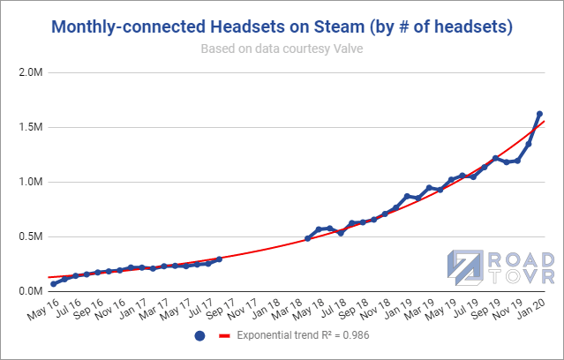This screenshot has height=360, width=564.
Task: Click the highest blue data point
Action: [x=539, y=114]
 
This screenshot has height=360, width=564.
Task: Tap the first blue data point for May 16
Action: [x=54, y=284]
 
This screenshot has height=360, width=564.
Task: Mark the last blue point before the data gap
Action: [x=219, y=259]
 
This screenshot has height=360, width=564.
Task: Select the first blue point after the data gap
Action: [x=307, y=238]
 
